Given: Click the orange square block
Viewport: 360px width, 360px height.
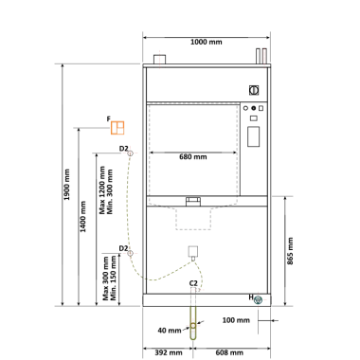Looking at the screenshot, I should click(x=117, y=126).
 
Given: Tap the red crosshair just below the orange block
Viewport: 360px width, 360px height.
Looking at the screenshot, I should click(x=130, y=152).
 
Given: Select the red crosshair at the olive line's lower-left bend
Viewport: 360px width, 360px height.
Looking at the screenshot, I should click(x=130, y=253).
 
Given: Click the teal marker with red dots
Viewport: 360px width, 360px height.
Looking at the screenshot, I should click(x=259, y=299).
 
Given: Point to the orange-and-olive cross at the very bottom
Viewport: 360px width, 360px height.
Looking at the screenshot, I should click(x=193, y=326).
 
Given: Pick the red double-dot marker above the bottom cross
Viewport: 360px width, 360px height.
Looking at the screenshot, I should click(x=197, y=290).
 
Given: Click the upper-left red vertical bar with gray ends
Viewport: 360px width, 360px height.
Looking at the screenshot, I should click(x=162, y=60).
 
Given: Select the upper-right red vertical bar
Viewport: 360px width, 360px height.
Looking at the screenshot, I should click(x=261, y=56).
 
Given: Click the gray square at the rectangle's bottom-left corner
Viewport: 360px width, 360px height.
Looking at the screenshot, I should click(x=153, y=201).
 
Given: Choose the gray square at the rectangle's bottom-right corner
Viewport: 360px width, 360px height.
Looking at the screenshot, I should click(x=234, y=201).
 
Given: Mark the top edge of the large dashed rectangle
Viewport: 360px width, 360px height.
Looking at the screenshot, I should click(x=193, y=102).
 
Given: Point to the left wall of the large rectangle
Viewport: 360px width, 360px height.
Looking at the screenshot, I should click(x=148, y=152).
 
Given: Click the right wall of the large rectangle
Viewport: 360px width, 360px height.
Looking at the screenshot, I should click(x=239, y=152).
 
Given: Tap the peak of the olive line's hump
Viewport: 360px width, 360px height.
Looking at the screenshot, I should click(x=192, y=261).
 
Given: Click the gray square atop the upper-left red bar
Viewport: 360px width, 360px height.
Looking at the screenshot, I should click(x=162, y=48).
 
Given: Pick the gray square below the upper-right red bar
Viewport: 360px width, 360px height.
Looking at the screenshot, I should click(x=261, y=71).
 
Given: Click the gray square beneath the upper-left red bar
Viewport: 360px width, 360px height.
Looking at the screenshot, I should click(x=162, y=71).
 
